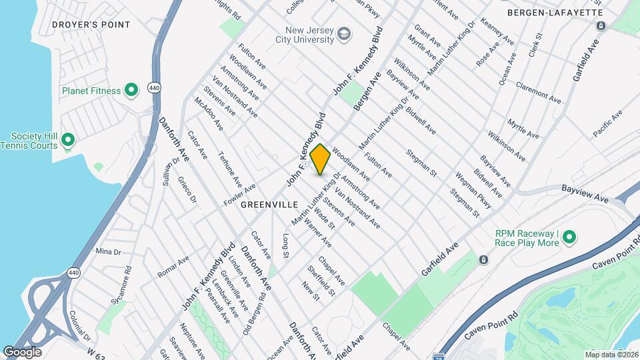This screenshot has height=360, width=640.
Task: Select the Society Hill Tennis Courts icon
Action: (67, 140)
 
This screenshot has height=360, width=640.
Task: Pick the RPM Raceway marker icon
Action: (569, 237)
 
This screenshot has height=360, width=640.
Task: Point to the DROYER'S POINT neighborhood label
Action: (91, 25)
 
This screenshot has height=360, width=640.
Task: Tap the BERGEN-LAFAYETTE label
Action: (555, 13)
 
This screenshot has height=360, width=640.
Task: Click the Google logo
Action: (22, 351)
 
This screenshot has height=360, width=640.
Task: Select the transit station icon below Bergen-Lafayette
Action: (601, 25)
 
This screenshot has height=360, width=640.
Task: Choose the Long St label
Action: (286, 245)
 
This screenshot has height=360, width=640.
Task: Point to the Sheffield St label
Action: (321, 281)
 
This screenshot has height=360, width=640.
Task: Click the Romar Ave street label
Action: (173, 267)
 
